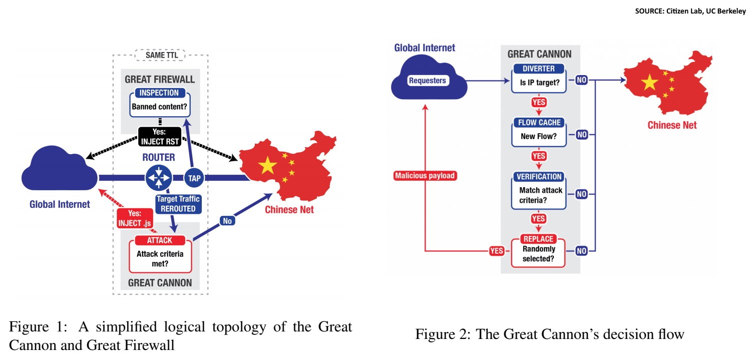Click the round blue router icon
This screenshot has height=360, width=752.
[x=159, y=177]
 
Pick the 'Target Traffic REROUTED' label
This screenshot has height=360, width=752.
[x=178, y=204]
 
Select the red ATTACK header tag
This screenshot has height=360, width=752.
[x=160, y=240]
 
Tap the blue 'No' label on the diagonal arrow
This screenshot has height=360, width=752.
[x=228, y=220]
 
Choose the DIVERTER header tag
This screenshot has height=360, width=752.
[x=538, y=69]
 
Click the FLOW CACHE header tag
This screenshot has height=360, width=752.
[x=538, y=123]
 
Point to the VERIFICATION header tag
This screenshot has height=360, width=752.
[x=538, y=177]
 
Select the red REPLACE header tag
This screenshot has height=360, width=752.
[x=538, y=239]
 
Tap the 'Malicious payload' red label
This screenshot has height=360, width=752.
[x=426, y=176]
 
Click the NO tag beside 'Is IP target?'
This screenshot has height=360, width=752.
[x=581, y=80]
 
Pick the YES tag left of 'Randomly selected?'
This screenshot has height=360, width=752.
[x=497, y=251]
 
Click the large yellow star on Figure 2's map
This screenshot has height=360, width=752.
[x=650, y=82]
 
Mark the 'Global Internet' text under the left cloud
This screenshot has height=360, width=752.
[x=60, y=204]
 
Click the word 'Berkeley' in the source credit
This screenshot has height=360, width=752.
[x=731, y=12]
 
